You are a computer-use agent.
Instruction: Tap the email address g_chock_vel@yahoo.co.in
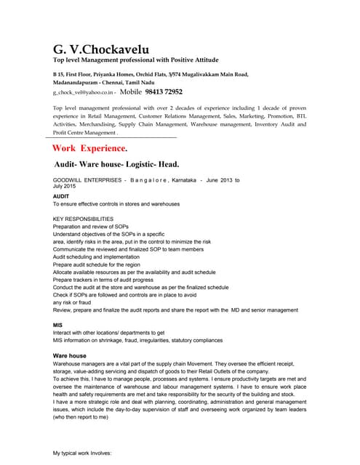[83, 93]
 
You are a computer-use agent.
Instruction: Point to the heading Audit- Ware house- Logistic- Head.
[116, 165]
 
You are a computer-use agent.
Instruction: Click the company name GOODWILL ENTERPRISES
[87, 179]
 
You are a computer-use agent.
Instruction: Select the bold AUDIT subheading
[62, 196]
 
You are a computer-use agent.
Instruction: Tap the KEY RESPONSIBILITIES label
[84, 219]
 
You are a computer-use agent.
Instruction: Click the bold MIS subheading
[58, 324]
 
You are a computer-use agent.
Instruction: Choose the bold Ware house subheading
[70, 355]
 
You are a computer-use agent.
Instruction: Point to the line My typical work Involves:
[82, 453]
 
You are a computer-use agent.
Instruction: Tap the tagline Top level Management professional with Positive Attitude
[135, 60]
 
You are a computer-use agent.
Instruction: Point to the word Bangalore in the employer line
[153, 179]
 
